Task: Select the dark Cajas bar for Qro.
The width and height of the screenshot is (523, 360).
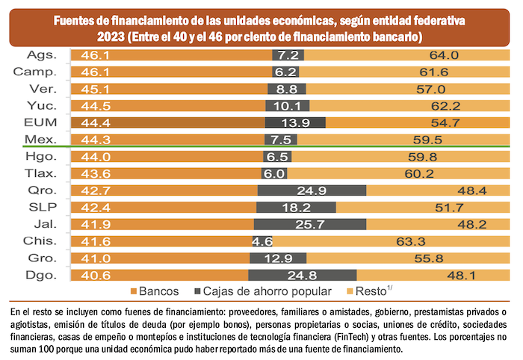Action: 312,190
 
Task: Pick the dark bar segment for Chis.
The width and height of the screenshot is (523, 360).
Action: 261,240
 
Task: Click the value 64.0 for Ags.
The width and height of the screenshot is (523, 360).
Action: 444,55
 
